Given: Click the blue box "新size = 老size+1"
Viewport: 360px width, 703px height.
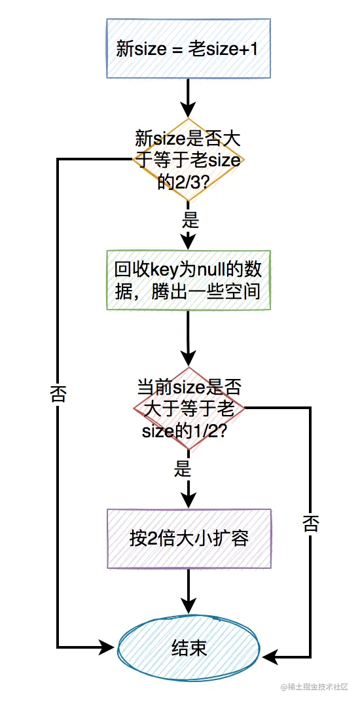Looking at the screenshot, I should pos(189,49).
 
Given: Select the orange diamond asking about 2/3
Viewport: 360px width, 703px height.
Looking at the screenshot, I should pos(189,160).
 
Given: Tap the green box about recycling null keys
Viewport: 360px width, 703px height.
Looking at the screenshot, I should pos(189,280).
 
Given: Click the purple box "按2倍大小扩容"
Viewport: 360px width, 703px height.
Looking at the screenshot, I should pos(189,538).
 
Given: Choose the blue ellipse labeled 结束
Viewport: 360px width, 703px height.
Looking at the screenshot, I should pos(189,647).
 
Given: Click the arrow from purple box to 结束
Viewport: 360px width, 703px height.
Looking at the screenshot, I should pos(189,592).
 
